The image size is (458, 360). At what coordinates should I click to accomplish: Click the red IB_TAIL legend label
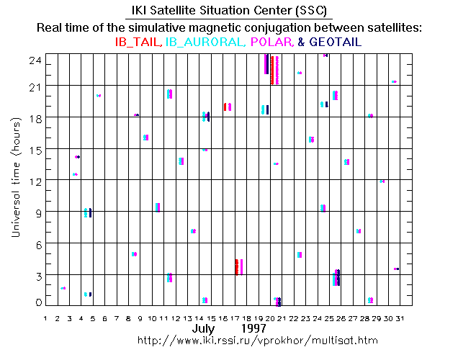tap(138, 42)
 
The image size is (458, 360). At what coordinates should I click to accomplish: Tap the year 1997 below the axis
tap(254, 328)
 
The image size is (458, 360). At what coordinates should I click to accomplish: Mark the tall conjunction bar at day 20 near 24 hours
tap(271, 68)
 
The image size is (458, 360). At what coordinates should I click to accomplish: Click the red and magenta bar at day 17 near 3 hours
tap(238, 266)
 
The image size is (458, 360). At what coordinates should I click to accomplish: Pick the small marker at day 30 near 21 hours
tap(394, 82)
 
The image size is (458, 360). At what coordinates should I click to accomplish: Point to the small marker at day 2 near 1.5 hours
tap(63, 288)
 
